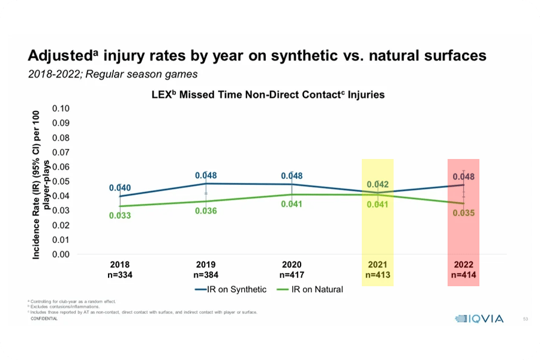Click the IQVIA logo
478,319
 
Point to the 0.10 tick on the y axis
61,109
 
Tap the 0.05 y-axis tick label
61,181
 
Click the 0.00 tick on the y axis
61,254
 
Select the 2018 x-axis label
119,265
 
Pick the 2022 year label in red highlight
463,265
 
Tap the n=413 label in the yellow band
377,275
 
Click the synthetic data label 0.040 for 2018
119,188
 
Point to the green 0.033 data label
119,215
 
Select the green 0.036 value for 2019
206,211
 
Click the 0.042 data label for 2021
377,184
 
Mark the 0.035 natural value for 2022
463,212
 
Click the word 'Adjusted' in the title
59,56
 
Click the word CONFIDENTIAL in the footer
44,319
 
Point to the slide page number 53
526,319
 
